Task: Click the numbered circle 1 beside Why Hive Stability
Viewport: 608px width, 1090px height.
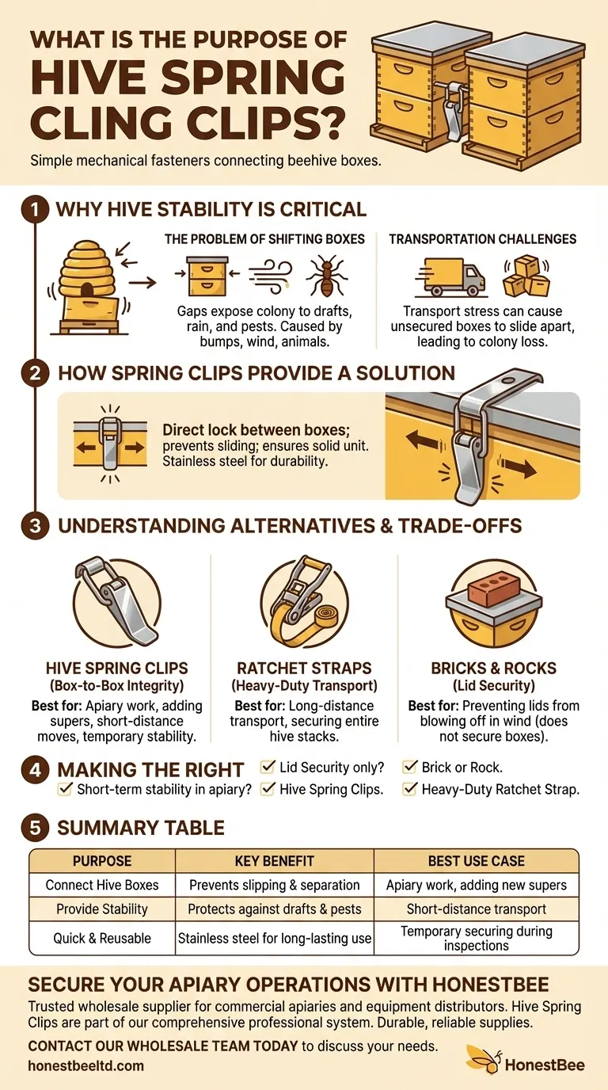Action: [34, 209]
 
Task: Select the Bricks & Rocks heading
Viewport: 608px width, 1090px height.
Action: [493, 669]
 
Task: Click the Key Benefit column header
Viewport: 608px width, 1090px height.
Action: [274, 861]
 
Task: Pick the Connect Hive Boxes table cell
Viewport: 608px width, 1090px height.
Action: [102, 885]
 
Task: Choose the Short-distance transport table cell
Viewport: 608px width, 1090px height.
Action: [476, 909]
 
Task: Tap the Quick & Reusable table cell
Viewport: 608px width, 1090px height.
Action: [102, 939]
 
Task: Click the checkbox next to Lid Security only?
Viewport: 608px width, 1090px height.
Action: [268, 767]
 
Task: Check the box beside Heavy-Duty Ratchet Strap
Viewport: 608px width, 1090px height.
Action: [410, 789]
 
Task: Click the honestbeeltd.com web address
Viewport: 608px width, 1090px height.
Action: [85, 1065]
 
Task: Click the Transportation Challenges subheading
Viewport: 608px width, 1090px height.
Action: [482, 238]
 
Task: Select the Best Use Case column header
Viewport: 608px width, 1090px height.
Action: [476, 861]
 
